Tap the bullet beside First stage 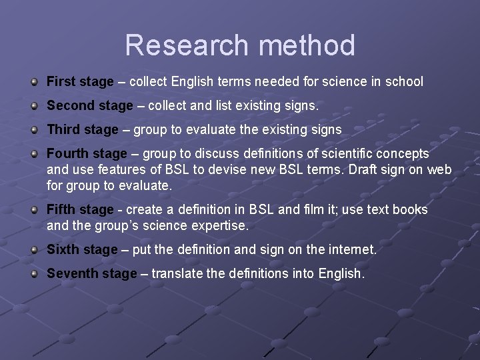click(33, 81)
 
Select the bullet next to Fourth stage click(33, 153)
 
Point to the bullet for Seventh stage click(33, 273)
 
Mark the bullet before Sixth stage click(33, 249)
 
